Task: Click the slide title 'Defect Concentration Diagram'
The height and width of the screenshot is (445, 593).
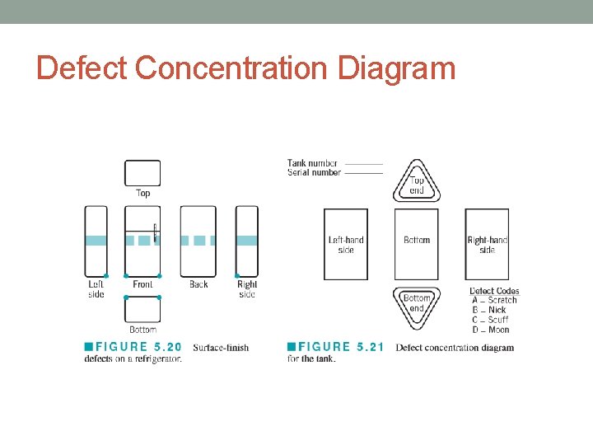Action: [x=245, y=68]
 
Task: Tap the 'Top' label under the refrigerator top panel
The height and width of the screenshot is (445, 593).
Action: [x=142, y=193]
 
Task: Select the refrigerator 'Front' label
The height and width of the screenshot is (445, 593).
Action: [x=142, y=284]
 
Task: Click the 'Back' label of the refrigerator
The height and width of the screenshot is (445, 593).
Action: [x=198, y=284]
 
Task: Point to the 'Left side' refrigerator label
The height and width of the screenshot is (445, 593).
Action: [x=96, y=289]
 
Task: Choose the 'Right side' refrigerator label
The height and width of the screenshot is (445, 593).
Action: [x=247, y=289]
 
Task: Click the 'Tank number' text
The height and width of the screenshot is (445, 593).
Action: [x=312, y=163]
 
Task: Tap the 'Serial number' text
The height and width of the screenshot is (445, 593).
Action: [x=314, y=172]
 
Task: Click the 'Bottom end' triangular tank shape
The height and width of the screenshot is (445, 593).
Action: [x=417, y=302]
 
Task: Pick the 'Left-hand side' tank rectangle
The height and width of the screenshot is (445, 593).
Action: [x=346, y=244]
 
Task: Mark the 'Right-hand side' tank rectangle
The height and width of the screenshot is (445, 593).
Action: [x=487, y=244]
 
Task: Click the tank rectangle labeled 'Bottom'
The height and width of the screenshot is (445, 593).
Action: [x=417, y=244]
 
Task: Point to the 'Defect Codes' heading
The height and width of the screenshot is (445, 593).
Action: [x=494, y=291]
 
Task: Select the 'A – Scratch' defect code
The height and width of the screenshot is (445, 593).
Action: [x=494, y=301]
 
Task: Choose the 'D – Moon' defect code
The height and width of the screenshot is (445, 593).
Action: [x=491, y=330]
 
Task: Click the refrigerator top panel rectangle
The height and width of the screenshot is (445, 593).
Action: [x=142, y=173]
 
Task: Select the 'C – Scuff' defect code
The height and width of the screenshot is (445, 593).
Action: [x=491, y=320]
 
